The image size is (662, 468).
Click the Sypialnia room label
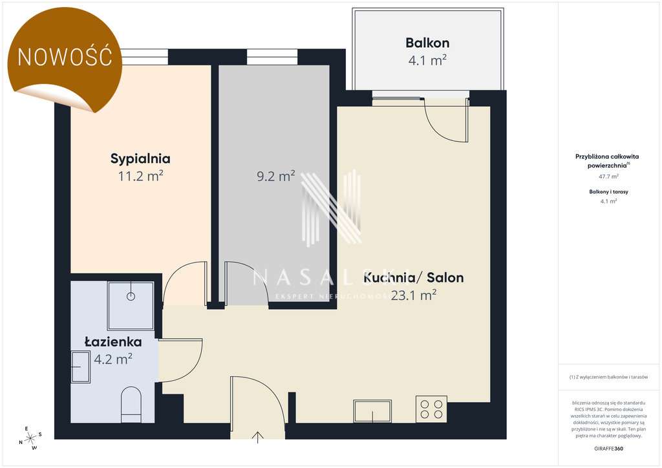(140, 158)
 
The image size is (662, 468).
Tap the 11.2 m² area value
(140, 175)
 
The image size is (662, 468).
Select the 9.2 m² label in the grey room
(276, 175)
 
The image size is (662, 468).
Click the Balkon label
(427, 43)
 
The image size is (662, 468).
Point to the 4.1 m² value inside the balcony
(427, 61)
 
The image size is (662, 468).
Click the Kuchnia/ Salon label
(414, 278)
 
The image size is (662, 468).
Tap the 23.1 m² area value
(414, 295)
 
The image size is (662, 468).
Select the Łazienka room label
(113, 342)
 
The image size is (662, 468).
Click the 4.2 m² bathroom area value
(114, 359)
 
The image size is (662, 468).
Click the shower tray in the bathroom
(131, 305)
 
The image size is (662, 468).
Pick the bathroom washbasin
(80, 367)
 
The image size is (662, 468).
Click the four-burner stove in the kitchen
(431, 409)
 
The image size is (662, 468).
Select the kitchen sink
(372, 411)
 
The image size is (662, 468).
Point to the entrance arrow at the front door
(258, 438)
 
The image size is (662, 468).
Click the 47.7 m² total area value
(609, 176)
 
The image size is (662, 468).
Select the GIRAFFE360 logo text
(609, 448)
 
